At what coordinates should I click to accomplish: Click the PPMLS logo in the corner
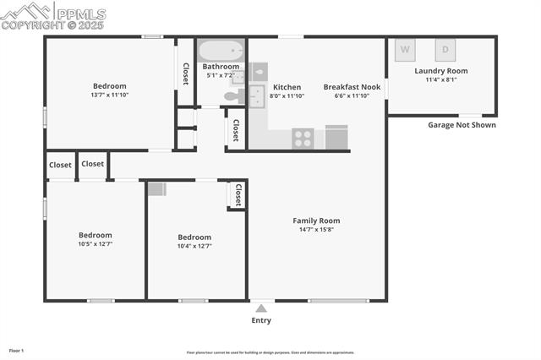click(53, 16)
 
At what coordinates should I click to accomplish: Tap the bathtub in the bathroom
click(221, 49)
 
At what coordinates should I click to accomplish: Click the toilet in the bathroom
click(230, 96)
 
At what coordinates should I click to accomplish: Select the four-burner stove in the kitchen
click(303, 138)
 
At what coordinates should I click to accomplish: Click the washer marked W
click(405, 49)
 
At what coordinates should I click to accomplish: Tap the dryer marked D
click(445, 49)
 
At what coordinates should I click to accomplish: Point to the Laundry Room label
click(440, 71)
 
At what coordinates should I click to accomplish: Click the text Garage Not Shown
click(462, 125)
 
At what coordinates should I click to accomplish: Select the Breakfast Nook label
click(352, 87)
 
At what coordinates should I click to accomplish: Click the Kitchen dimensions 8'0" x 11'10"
click(287, 96)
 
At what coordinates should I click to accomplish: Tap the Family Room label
click(316, 221)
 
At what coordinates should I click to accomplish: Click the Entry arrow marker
click(261, 308)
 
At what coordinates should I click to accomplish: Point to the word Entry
click(261, 320)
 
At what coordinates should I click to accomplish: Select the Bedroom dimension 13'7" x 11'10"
click(109, 95)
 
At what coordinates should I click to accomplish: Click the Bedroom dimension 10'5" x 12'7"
click(96, 244)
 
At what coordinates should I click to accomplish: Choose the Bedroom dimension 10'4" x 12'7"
click(194, 247)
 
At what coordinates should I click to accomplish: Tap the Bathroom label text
click(221, 67)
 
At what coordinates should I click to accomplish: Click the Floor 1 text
click(16, 350)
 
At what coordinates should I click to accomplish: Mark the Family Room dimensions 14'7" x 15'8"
click(316, 230)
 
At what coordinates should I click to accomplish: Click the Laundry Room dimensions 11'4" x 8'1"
click(440, 80)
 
